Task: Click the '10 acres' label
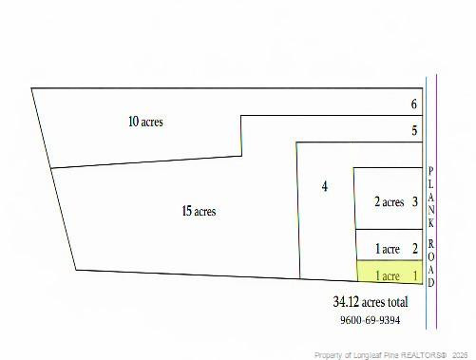[145, 122]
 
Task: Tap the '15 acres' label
[199, 211]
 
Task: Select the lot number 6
[414, 104]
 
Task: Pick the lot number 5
[414, 131]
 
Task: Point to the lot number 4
[325, 186]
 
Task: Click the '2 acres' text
[389, 201]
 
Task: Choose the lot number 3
[415, 201]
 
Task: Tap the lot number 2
[415, 249]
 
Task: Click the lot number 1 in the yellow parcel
[415, 275]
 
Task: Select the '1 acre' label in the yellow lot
[388, 276]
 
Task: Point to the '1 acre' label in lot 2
[388, 249]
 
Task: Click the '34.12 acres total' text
[371, 302]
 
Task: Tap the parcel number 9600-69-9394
[370, 320]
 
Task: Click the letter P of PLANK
[430, 169]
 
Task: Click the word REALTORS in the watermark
[422, 354]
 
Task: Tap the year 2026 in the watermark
[460, 354]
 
